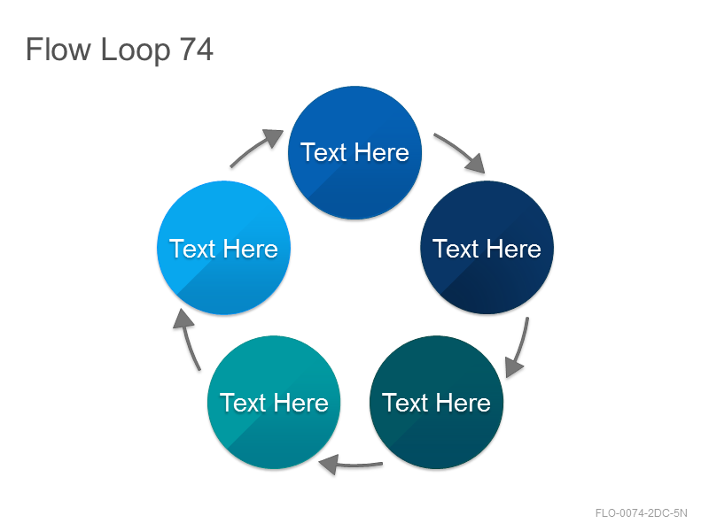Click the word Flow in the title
[58, 50]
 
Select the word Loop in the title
[136, 51]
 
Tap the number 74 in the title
[196, 50]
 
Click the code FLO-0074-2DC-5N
[641, 513]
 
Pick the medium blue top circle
[355, 152]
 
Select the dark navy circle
[487, 248]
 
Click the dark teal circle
[436, 403]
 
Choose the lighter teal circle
[274, 403]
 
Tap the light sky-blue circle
[224, 248]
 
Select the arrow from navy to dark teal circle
[520, 348]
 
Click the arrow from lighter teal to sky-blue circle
[188, 339]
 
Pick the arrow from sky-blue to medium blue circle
[255, 147]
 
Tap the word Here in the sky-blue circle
[251, 249]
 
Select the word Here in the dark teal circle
[463, 403]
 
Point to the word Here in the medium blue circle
[382, 152]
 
